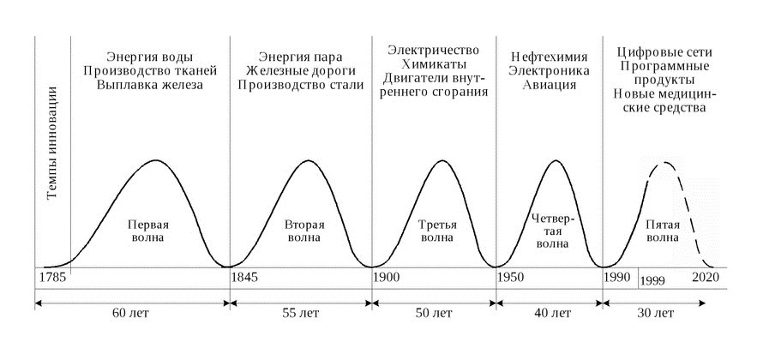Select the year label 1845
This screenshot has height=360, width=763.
[x=247, y=279]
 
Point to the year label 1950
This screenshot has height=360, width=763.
[x=513, y=279]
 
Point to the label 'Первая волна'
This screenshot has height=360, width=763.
[x=147, y=231]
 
